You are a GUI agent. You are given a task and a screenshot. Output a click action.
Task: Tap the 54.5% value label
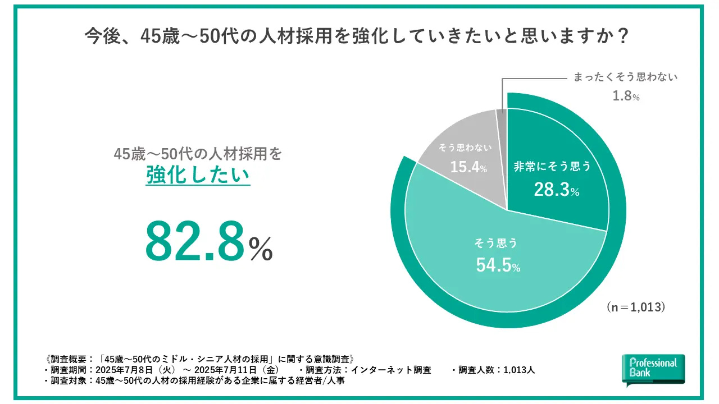(498, 266)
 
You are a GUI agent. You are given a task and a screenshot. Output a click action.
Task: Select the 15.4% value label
(467, 167)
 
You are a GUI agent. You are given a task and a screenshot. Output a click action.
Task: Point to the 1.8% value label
(626, 97)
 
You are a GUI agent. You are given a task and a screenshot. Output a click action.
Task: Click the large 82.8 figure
(195, 241)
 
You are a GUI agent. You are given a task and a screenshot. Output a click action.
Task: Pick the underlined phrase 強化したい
(198, 175)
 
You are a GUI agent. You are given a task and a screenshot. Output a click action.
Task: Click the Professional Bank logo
(653, 369)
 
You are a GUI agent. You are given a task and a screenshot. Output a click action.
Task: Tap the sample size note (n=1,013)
(636, 307)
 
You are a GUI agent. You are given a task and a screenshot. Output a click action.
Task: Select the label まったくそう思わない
(625, 77)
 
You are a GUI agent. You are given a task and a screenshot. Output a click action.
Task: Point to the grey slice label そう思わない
(465, 148)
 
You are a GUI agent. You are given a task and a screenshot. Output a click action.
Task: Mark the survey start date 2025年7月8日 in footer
(122, 370)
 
